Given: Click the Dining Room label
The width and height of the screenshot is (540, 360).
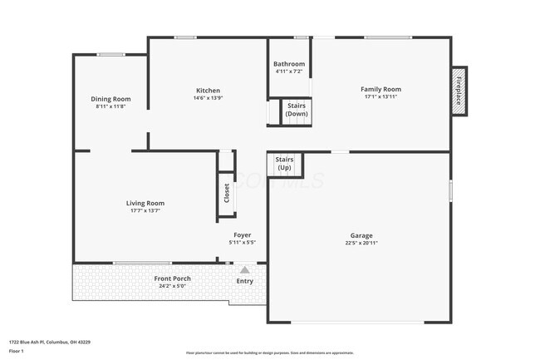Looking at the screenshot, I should [x=107, y=99].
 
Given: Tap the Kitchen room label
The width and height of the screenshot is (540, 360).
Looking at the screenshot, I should [x=207, y=90].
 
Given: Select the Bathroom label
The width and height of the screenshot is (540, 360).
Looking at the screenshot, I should [x=290, y=64].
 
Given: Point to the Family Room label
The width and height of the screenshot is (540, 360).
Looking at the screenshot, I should [x=380, y=89].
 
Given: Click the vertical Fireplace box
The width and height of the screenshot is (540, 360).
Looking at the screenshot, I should [x=458, y=90].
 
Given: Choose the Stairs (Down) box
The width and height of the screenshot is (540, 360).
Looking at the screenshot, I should [x=297, y=110].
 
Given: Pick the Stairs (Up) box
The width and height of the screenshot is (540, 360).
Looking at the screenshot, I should [x=284, y=163].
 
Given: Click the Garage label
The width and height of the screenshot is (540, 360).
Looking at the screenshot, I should [x=361, y=235].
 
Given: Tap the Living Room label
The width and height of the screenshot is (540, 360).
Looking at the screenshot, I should [x=145, y=203].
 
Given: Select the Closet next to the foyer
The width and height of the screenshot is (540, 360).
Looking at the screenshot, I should [x=225, y=193].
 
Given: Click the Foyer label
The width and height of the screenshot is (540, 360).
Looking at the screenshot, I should [x=242, y=234].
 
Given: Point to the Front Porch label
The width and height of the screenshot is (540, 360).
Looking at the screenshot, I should [x=172, y=279].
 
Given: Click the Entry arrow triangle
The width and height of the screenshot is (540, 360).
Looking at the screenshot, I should [x=244, y=269].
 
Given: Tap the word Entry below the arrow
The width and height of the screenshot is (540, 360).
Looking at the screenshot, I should [x=244, y=281].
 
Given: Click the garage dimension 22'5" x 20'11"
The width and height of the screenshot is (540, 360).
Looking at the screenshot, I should [x=361, y=244].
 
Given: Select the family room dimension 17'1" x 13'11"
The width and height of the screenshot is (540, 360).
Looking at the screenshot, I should [x=380, y=97].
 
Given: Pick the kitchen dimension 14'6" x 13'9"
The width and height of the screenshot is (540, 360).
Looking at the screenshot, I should [x=207, y=98].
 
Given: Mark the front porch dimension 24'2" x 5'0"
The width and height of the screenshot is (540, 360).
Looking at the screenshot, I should [x=172, y=287].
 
